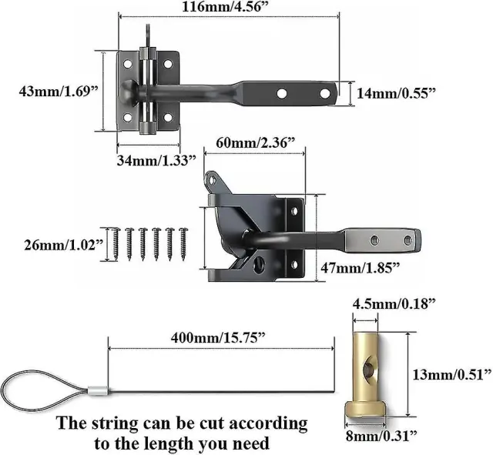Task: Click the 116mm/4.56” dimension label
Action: [x=226, y=7]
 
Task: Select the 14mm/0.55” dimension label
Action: [x=396, y=93]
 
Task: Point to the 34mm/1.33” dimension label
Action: [x=156, y=161]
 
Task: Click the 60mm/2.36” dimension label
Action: [x=255, y=142]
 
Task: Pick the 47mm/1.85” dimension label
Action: [x=361, y=268]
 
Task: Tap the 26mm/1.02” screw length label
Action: [x=64, y=245]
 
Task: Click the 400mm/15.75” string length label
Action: [x=218, y=338]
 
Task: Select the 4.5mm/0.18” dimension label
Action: [x=394, y=304]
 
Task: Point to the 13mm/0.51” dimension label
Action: [x=452, y=375]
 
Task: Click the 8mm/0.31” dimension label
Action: [x=381, y=436]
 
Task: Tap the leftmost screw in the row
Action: [x=116, y=244]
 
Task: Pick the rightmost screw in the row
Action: [x=183, y=244]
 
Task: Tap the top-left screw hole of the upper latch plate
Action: [x=127, y=64]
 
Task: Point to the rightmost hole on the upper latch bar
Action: [x=324, y=93]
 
